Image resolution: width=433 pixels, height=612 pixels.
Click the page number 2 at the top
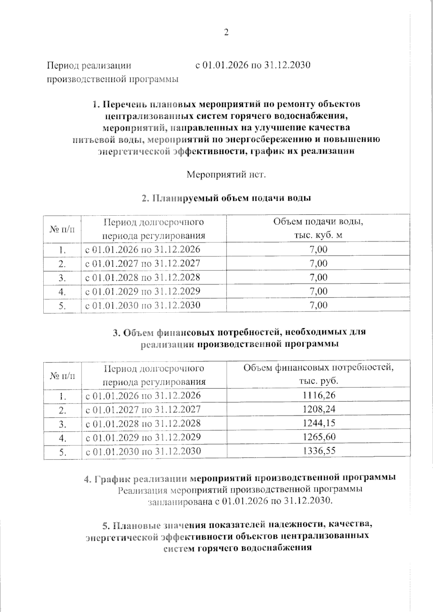[x=226, y=33]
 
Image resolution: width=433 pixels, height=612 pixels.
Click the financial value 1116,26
[x=319, y=395]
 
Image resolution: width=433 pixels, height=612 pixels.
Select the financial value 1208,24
[x=319, y=409]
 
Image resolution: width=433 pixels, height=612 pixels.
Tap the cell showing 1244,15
[x=319, y=423]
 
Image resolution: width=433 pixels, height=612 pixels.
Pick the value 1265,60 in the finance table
[x=319, y=437]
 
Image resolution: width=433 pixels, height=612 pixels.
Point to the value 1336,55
[x=319, y=451]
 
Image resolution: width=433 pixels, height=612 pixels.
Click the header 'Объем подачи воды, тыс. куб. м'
[x=318, y=228]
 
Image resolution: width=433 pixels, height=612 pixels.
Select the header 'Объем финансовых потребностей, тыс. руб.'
[x=318, y=374]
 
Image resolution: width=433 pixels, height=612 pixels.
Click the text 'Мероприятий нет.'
[x=226, y=175]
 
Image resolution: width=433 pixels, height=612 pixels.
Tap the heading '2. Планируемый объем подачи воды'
[x=226, y=198]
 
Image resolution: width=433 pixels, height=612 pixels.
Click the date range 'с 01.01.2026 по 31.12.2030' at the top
[x=253, y=66]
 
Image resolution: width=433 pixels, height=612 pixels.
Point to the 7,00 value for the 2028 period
[x=318, y=277]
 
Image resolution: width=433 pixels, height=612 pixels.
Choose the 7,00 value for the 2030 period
[x=318, y=305]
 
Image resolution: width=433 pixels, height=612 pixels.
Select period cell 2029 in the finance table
[x=143, y=437]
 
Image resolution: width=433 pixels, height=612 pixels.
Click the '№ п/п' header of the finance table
[x=63, y=375]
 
